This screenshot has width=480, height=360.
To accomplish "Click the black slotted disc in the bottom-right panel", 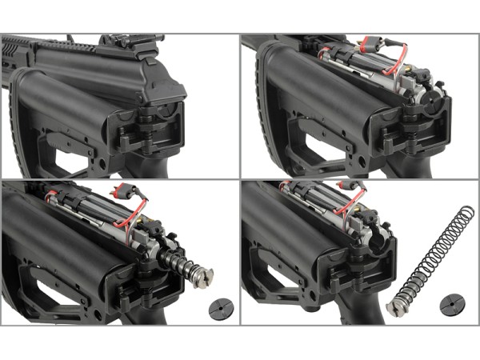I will point(452,305).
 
